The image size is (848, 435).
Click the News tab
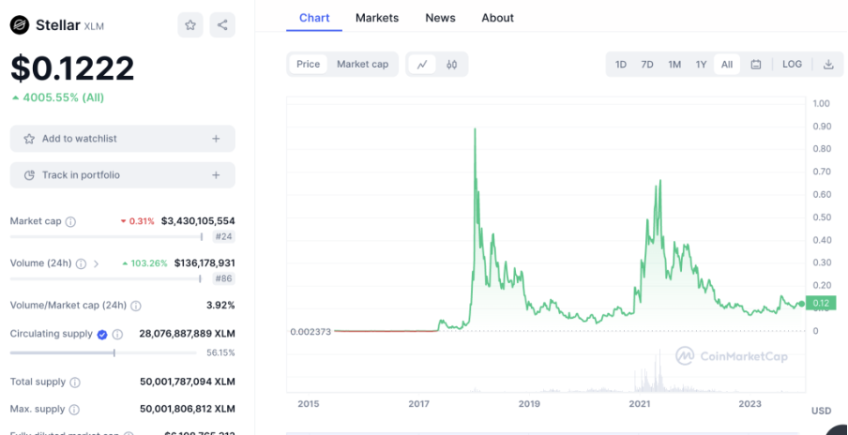pos(440,18)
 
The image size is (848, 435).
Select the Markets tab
pos(377,18)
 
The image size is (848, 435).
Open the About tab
pos(497,18)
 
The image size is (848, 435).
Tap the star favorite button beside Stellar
pos(190,25)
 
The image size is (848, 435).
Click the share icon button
pos(222,25)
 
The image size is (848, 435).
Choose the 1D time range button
pos(621,65)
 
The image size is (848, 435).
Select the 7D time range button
pos(647,65)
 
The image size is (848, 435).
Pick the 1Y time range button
pos(701,65)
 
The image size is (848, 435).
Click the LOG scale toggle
pos(792,65)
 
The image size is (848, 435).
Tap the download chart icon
pos(828,65)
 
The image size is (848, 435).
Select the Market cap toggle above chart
pos(362,65)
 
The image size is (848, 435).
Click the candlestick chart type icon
pos(451,65)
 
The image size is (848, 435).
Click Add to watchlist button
pos(123,139)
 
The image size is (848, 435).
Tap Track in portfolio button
pos(123,175)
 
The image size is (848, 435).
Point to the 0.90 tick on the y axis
pos(822,127)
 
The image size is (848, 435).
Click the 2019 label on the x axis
pos(529,404)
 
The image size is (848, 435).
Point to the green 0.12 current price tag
pos(821,303)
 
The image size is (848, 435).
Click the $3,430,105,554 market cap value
pos(198,221)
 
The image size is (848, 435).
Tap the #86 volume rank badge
pos(224,278)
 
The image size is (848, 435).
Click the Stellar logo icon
pos(20,25)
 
